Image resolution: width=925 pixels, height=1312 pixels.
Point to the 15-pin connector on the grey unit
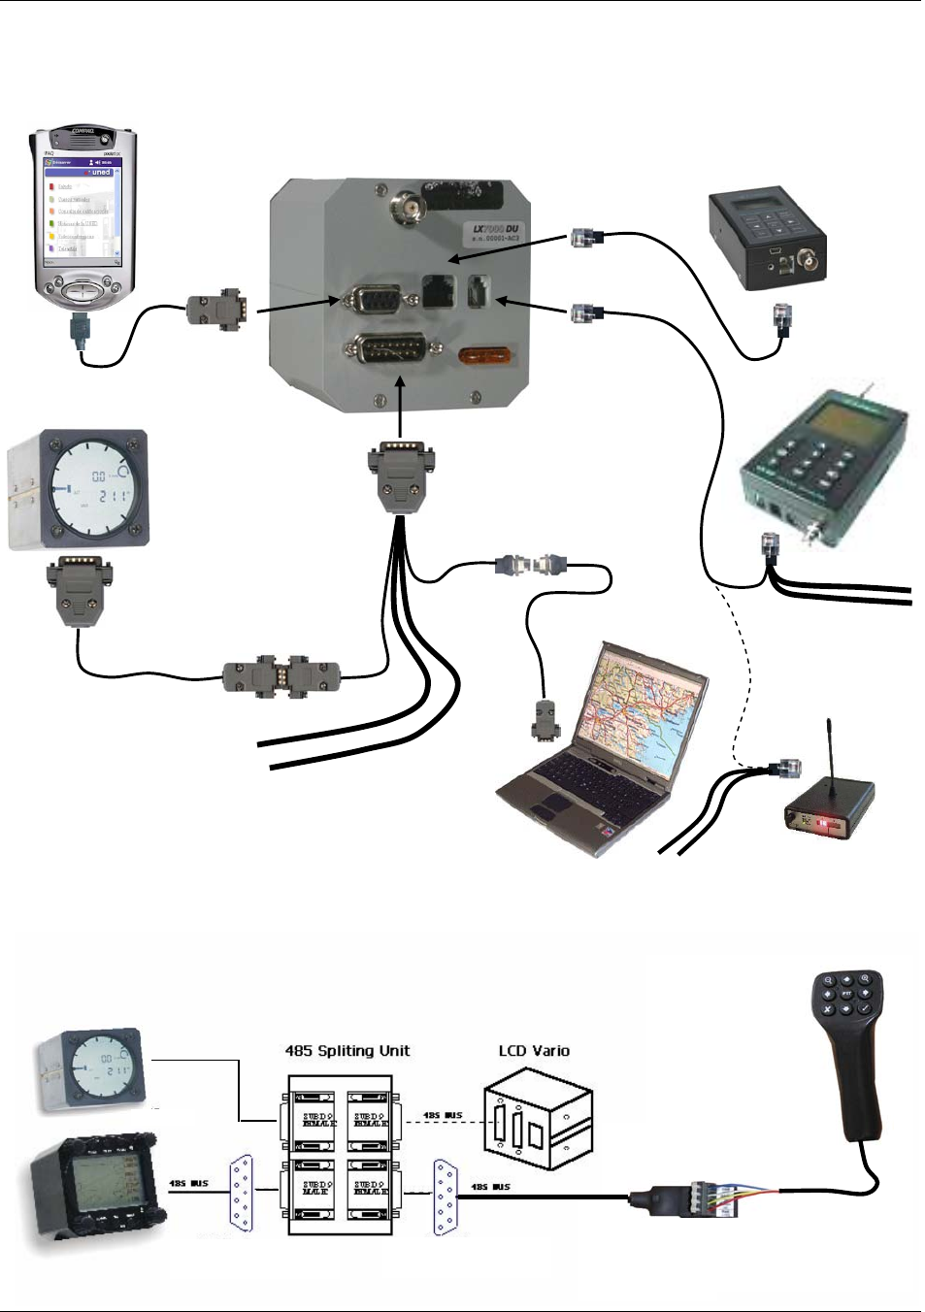point(385,350)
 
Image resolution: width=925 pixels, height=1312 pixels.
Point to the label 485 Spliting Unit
point(347,1051)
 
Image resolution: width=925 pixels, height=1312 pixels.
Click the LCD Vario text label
point(534,1051)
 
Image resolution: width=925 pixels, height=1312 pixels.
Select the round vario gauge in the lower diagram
point(92,1072)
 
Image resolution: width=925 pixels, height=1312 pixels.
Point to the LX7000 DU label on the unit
point(496,231)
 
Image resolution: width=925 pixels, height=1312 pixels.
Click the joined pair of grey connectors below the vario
point(281,676)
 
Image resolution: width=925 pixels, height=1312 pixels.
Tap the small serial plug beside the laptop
point(543,719)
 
